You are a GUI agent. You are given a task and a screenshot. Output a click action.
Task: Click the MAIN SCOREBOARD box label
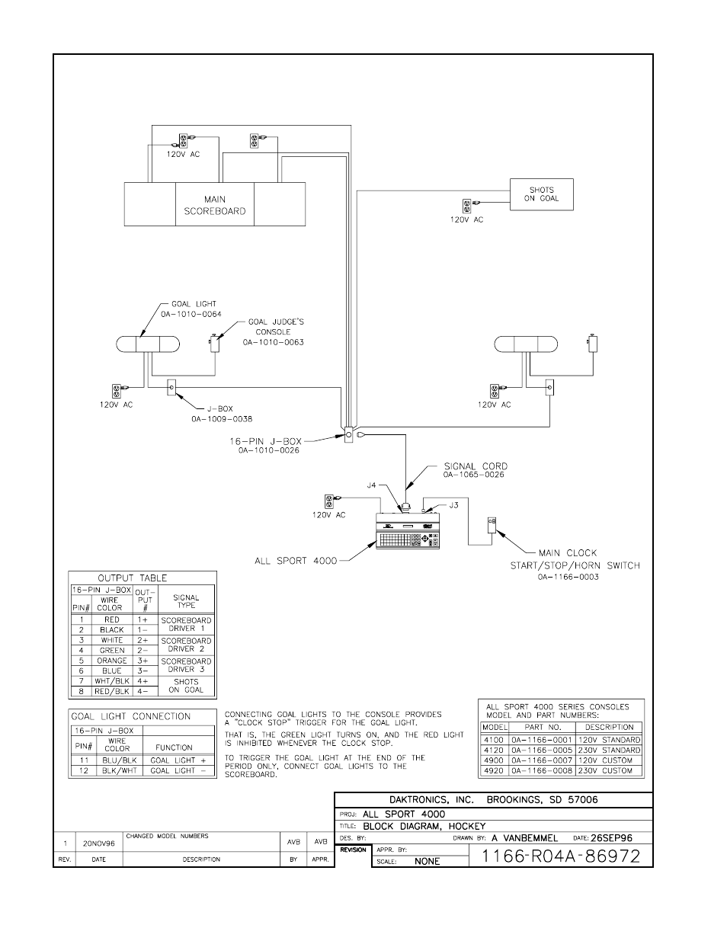coord(215,205)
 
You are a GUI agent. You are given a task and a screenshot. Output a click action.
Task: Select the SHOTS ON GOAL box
coord(541,194)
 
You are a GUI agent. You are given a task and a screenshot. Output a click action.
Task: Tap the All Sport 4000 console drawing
coord(409,530)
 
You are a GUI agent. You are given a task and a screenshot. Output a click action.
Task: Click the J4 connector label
coord(371,484)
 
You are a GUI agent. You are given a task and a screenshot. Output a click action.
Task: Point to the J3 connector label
coord(453,505)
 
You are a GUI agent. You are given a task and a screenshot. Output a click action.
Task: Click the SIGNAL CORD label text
coord(476,466)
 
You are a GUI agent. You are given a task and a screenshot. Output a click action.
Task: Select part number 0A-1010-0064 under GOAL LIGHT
coord(191,313)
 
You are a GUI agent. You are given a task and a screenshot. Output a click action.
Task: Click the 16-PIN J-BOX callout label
coord(266,440)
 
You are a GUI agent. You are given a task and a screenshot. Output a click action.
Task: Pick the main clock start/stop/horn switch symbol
coord(492,525)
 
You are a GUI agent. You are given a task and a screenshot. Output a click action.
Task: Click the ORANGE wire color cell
coord(111,661)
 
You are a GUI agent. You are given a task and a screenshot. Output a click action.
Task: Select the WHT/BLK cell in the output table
coord(111,680)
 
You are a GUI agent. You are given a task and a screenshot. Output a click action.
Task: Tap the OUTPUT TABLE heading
coord(132,578)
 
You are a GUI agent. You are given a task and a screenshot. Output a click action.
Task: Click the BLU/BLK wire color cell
coord(117,760)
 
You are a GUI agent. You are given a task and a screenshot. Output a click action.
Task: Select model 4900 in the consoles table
coord(493,760)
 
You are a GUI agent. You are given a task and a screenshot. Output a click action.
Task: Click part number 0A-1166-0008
coord(541,770)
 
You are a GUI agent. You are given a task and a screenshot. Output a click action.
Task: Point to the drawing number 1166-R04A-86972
coord(561,856)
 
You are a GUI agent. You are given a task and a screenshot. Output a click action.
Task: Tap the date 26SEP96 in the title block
coord(611,837)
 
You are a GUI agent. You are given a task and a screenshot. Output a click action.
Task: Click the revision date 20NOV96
coord(98,843)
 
